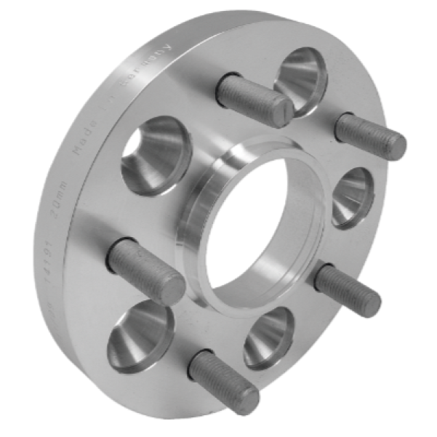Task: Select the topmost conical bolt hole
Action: [x=305, y=76]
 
